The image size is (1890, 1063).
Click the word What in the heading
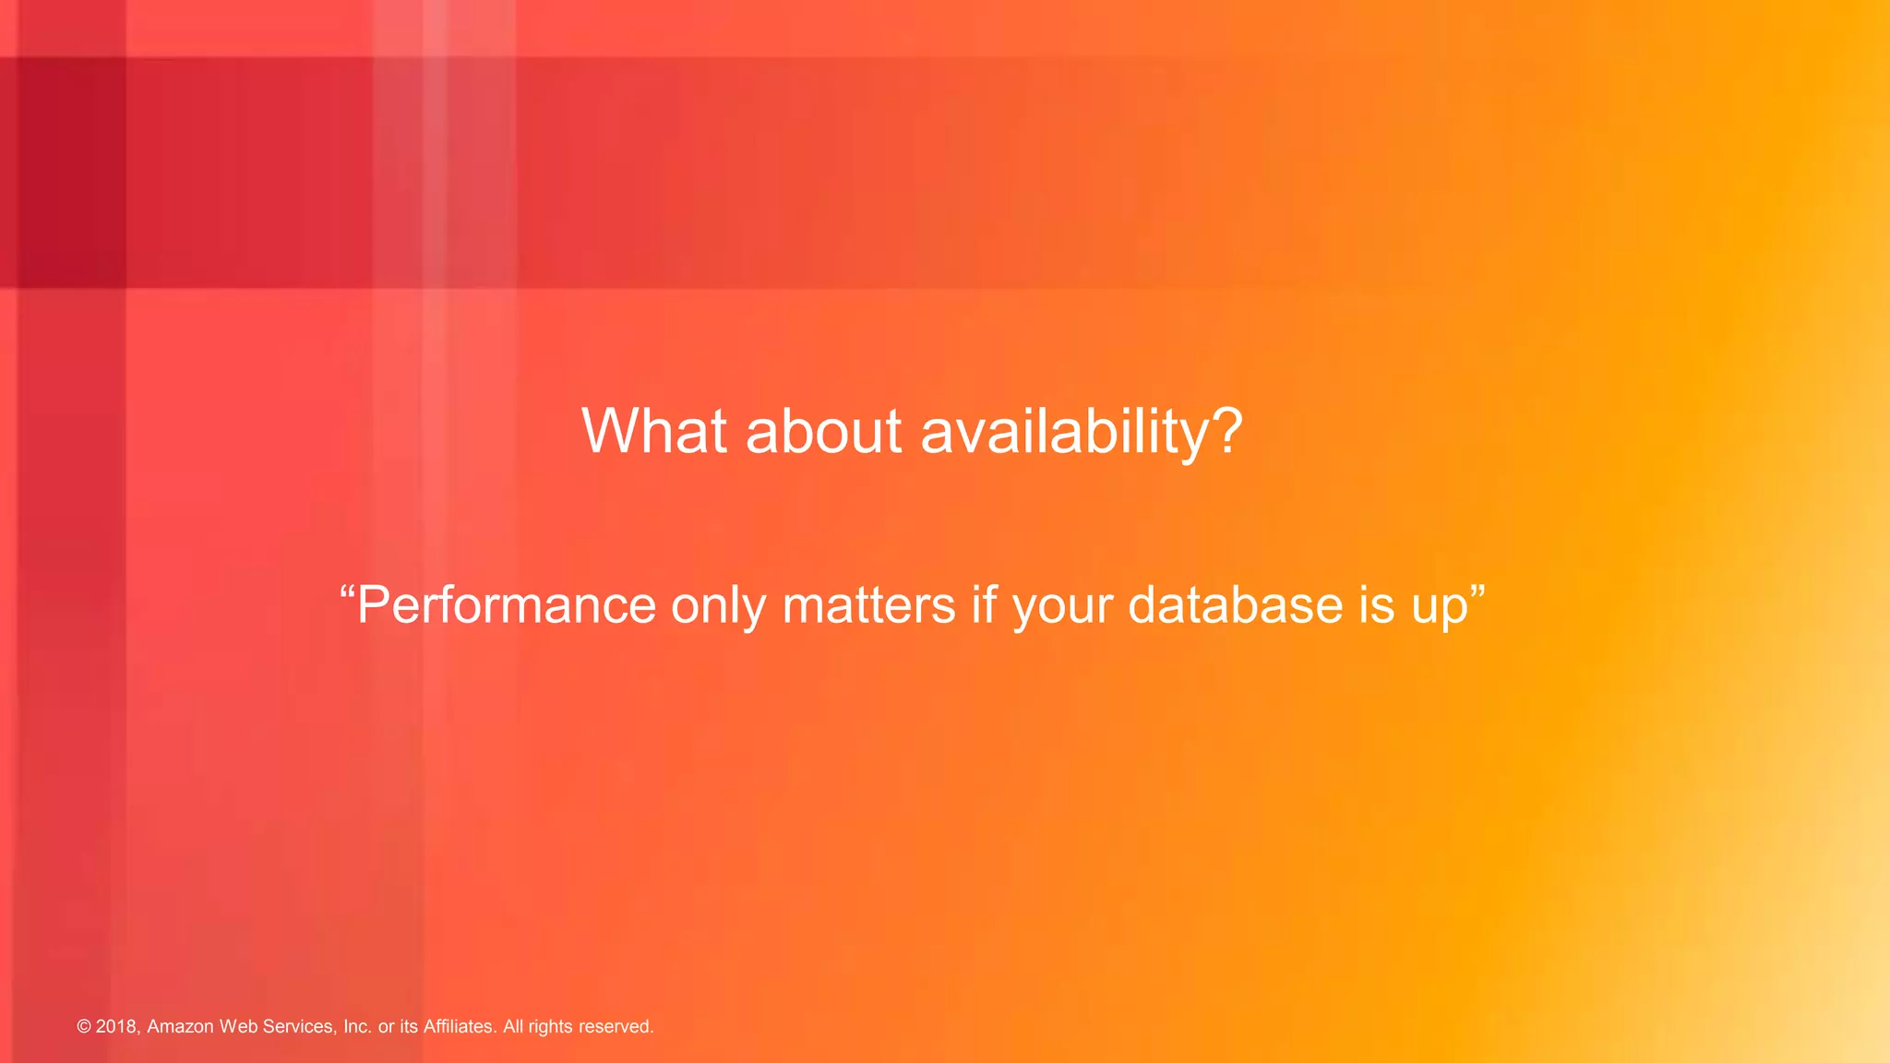pyautogui.click(x=654, y=431)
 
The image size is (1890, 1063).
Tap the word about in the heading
pyautogui.click(x=823, y=431)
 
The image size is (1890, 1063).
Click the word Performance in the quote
pyautogui.click(x=507, y=605)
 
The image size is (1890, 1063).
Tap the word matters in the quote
pyautogui.click(x=868, y=605)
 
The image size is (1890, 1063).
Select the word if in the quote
pyautogui.click(x=984, y=605)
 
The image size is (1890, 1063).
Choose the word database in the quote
pyautogui.click(x=1235, y=605)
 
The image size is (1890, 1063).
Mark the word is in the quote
pyautogui.click(x=1376, y=605)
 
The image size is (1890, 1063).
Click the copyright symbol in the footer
pyautogui.click(x=84, y=1027)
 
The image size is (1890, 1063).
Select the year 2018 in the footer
pyautogui.click(x=117, y=1027)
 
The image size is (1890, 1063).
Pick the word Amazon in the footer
pyautogui.click(x=180, y=1027)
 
